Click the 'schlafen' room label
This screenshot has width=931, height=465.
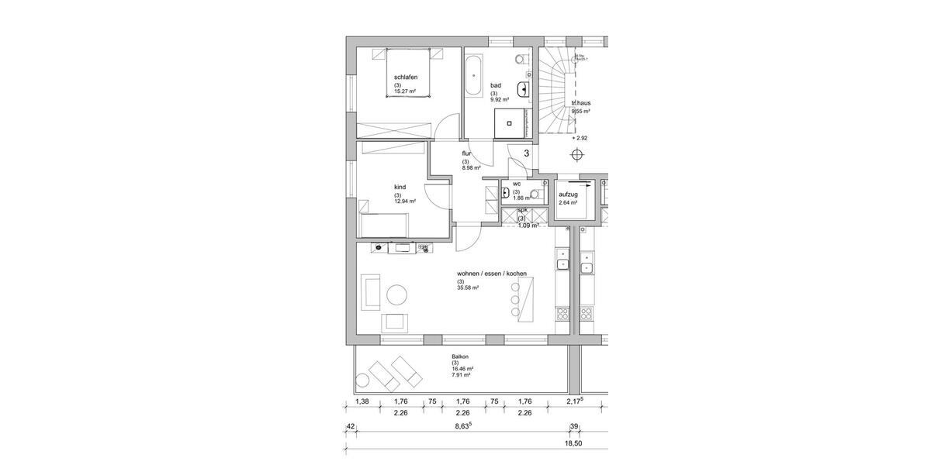(407, 77)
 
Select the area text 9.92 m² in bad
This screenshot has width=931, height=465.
(499, 100)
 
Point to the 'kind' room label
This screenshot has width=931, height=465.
(401, 187)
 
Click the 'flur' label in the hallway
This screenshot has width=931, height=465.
(466, 153)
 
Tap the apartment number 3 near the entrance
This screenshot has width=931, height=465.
(527, 154)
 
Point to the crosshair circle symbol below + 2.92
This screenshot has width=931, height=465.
(577, 154)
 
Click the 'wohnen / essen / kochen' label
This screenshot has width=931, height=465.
(492, 274)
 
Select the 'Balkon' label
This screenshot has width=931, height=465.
(461, 357)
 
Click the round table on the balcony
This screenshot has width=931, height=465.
(362, 381)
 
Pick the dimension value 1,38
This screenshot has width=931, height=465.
(362, 401)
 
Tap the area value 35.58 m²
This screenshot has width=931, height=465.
(468, 288)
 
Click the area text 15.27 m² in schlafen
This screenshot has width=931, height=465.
(405, 91)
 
